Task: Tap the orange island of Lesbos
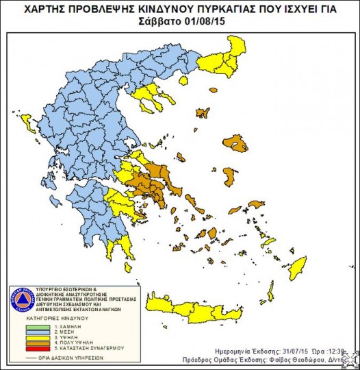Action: pyautogui.click(x=235, y=144)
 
